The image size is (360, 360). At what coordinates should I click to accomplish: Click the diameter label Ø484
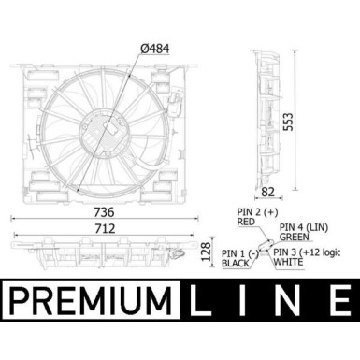point(155,49)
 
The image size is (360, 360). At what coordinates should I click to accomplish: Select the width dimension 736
point(104,212)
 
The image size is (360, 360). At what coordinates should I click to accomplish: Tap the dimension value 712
point(105,229)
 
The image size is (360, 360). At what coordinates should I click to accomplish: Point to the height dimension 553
point(288,122)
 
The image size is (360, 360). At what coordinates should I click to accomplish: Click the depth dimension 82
point(267,192)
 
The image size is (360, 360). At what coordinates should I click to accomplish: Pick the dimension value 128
point(206,252)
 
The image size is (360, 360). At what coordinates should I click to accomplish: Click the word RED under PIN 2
point(246,222)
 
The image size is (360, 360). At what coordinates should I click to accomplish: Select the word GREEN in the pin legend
point(295,238)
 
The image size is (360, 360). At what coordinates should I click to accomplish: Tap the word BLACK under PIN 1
point(236,264)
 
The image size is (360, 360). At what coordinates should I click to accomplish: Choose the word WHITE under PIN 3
point(288,262)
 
